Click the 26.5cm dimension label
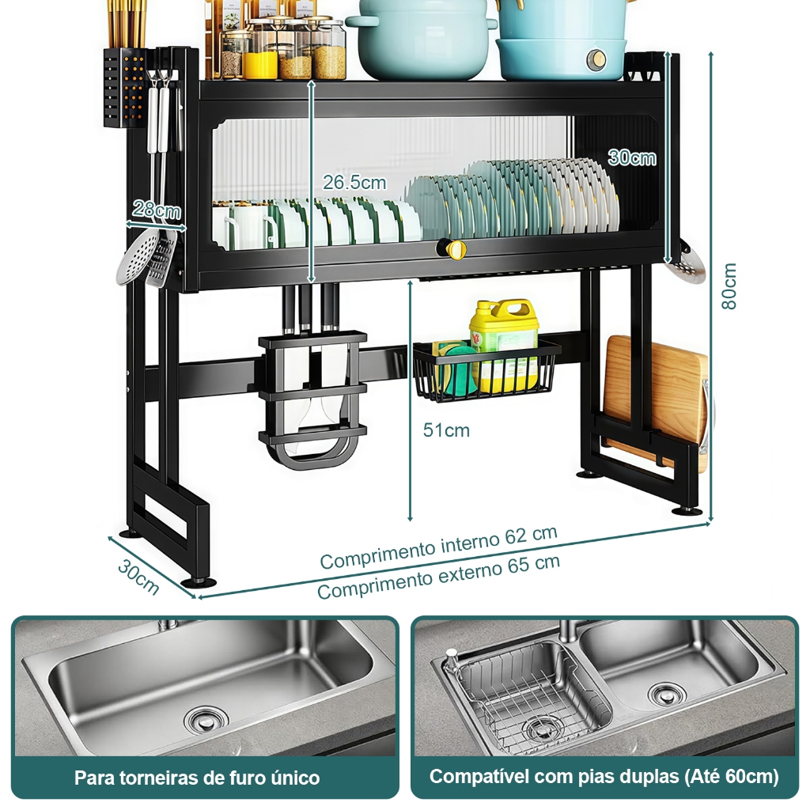coord(354,183)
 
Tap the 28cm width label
coord(157,210)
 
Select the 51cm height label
coord(446,430)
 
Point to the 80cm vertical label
coord(729,286)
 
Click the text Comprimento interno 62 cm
coord(438,547)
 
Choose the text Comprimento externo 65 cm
coord(438,577)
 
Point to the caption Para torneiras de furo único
coord(197,778)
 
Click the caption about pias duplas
coord(604,777)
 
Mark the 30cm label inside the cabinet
coord(632,157)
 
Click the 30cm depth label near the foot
coord(138,577)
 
